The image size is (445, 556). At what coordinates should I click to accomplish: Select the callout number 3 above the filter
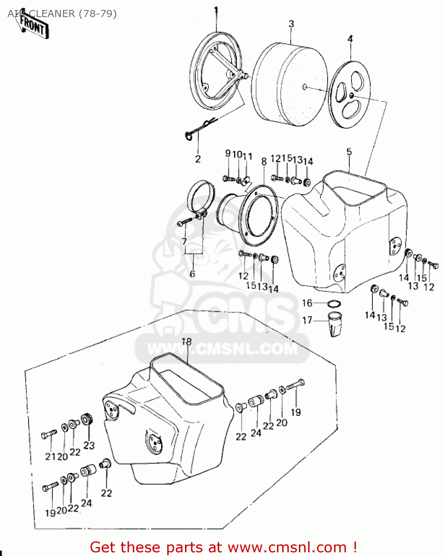point(291,24)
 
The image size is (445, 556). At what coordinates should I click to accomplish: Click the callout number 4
point(350,39)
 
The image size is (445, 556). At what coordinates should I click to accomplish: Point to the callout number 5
point(349,152)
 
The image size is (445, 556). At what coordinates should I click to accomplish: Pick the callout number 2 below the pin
point(198,159)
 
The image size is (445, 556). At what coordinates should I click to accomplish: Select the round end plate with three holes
point(350,95)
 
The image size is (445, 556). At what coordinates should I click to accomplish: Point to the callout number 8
point(264,162)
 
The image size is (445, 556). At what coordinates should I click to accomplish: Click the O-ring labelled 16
point(334,304)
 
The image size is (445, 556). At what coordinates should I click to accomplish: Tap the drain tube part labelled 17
point(335,324)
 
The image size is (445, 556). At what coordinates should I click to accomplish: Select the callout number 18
point(187,341)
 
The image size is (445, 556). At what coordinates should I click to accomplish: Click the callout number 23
point(89,445)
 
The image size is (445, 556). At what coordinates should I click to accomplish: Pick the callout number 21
point(50,457)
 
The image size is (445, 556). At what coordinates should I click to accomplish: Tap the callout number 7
point(184,242)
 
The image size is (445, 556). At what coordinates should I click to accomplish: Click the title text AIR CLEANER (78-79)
point(62,14)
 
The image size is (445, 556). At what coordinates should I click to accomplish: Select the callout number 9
point(228,153)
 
